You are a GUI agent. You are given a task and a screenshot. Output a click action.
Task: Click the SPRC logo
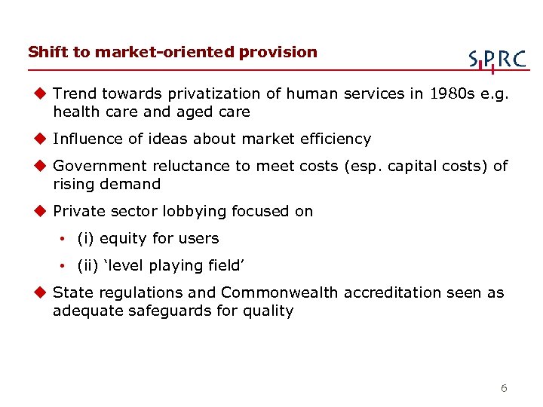click(496, 59)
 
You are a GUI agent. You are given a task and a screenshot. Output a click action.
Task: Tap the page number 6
click(504, 389)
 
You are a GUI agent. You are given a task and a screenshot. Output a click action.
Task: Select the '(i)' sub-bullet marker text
click(86, 238)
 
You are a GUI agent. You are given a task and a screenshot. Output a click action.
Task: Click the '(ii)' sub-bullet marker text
click(88, 265)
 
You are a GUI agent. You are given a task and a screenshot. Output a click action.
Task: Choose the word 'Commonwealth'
click(280, 292)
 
